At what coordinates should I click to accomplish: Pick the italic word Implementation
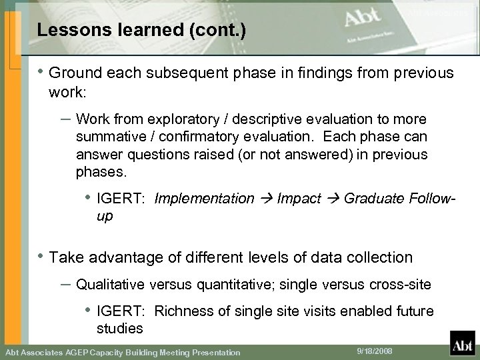click(x=204, y=198)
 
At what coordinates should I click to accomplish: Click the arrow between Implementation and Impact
click(x=266, y=198)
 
